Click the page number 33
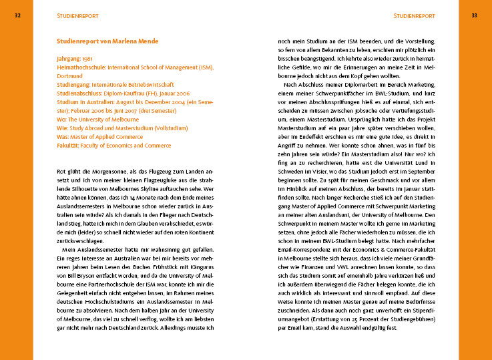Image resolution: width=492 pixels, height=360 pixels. (x=474, y=15)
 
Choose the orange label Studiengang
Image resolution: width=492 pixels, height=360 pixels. (x=73, y=85)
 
